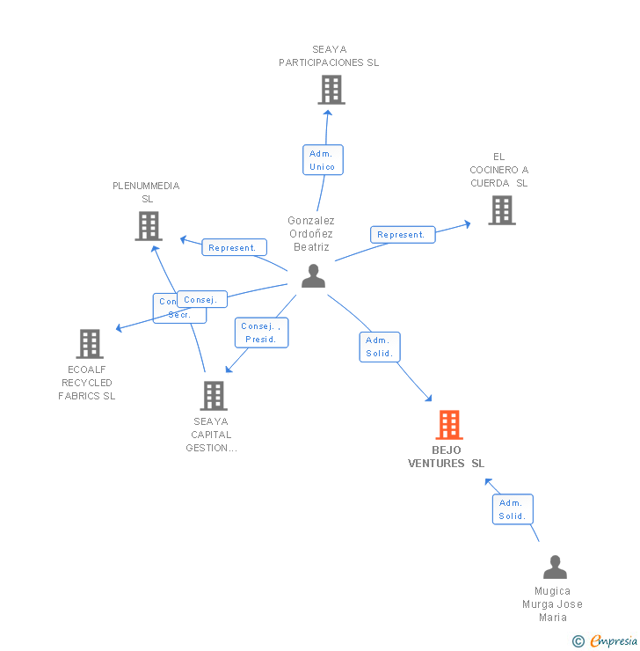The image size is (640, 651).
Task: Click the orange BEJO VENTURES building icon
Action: (x=449, y=425)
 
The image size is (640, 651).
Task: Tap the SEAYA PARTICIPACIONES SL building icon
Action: (x=331, y=90)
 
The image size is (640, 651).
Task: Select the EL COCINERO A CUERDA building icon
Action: (x=501, y=210)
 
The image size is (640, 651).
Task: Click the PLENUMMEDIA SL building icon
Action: (x=149, y=226)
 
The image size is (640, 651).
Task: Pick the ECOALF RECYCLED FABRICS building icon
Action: (x=90, y=344)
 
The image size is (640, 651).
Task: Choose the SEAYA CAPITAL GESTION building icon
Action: (x=213, y=396)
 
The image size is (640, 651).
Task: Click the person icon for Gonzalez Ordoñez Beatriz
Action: (x=313, y=276)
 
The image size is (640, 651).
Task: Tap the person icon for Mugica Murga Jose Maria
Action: (x=555, y=567)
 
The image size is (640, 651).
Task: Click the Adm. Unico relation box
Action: (x=322, y=160)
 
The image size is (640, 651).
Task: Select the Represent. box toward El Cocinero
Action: (x=402, y=235)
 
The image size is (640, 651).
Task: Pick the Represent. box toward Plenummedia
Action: (x=233, y=248)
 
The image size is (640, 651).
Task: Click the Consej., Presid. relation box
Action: (x=261, y=333)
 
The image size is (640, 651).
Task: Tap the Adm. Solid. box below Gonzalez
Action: (x=380, y=347)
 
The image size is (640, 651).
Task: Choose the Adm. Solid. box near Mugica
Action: (x=512, y=509)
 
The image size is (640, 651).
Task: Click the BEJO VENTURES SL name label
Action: (x=447, y=457)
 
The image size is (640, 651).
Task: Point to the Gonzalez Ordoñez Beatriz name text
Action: (x=311, y=234)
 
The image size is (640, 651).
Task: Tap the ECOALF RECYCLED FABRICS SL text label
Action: (x=87, y=383)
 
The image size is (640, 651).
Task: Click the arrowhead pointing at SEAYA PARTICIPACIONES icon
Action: (x=327, y=112)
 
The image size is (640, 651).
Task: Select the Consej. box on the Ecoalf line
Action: (x=201, y=299)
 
